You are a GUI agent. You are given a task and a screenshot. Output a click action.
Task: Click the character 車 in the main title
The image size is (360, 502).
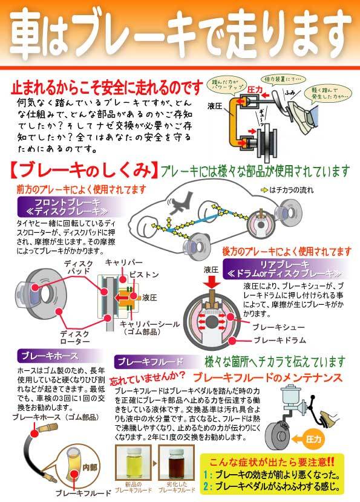31,31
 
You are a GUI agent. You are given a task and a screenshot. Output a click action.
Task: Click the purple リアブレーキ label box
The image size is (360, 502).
278,267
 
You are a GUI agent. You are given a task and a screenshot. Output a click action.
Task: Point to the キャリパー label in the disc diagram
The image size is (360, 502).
124,262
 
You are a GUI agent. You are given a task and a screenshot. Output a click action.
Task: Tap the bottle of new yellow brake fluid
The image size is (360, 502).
133,461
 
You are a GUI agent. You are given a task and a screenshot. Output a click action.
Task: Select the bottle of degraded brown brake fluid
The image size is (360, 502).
174,461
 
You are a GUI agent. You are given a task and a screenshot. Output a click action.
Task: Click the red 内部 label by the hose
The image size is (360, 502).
90,466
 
